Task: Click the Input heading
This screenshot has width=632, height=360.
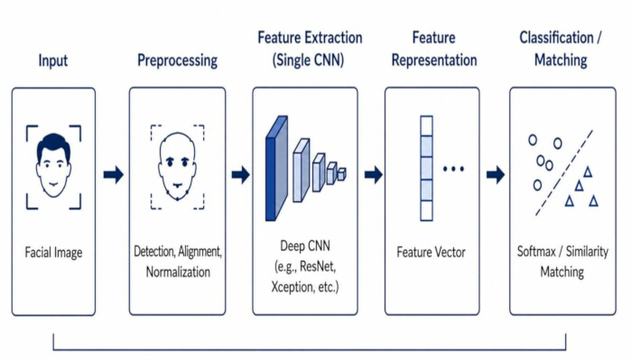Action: click(52, 60)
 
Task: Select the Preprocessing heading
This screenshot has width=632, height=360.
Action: click(177, 60)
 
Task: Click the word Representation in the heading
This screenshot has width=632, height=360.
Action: click(434, 60)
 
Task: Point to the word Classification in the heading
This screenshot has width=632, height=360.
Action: click(556, 38)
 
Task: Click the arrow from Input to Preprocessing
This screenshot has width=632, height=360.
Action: click(113, 175)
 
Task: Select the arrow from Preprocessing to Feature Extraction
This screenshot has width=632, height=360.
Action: click(241, 175)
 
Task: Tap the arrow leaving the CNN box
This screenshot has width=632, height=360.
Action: click(373, 175)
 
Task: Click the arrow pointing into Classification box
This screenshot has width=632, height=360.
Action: click(496, 175)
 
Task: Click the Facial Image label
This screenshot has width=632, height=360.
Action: click(53, 253)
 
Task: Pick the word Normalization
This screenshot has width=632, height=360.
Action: click(178, 272)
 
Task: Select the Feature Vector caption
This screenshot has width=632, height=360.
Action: click(431, 252)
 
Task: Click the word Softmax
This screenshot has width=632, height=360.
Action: click(536, 252)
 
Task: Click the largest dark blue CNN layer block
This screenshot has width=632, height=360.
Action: click(276, 169)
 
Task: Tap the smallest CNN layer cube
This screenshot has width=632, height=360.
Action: click(341, 174)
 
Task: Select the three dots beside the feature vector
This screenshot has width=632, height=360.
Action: click(453, 169)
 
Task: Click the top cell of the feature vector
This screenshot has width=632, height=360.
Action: click(426, 126)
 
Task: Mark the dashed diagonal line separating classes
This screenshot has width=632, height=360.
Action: click(564, 172)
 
